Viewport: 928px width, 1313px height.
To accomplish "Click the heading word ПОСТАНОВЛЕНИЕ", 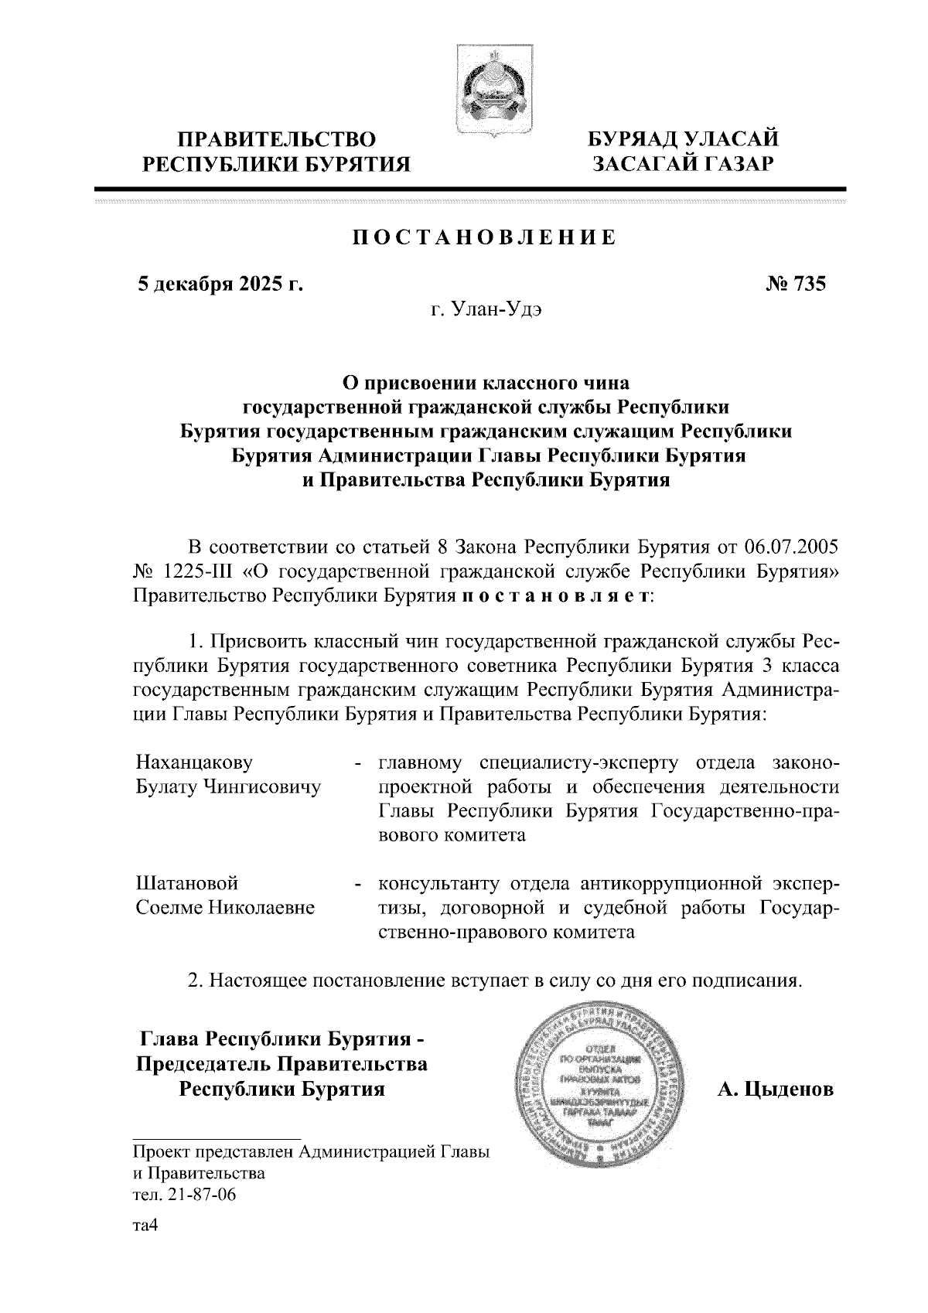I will pos(485,237).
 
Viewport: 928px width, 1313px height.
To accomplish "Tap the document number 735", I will pos(808,284).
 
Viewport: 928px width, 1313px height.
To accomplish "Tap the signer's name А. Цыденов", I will pos(775,1090).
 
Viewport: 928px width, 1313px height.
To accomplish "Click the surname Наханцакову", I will pos(194,762).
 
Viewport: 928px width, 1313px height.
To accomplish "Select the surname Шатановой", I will pos(186,882).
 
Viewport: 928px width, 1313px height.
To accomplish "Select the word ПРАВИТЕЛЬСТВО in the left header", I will pos(278,140).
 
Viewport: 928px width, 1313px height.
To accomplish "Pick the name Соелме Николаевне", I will pos(225,907).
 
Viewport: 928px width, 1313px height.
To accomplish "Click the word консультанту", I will pos(446,882).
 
